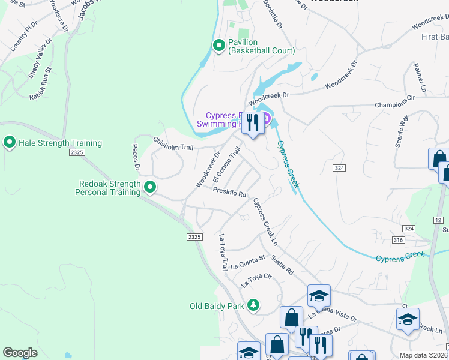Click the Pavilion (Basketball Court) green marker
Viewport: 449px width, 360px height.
click(219, 46)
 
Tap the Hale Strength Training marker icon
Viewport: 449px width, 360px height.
click(10, 143)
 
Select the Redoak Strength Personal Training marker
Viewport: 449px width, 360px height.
click(150, 188)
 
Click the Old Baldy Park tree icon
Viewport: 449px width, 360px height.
click(254, 306)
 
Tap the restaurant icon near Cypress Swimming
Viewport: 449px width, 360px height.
click(253, 123)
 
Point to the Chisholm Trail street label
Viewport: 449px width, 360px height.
click(174, 143)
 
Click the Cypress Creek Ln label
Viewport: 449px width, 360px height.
click(265, 221)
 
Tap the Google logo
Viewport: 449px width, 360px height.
click(20, 352)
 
